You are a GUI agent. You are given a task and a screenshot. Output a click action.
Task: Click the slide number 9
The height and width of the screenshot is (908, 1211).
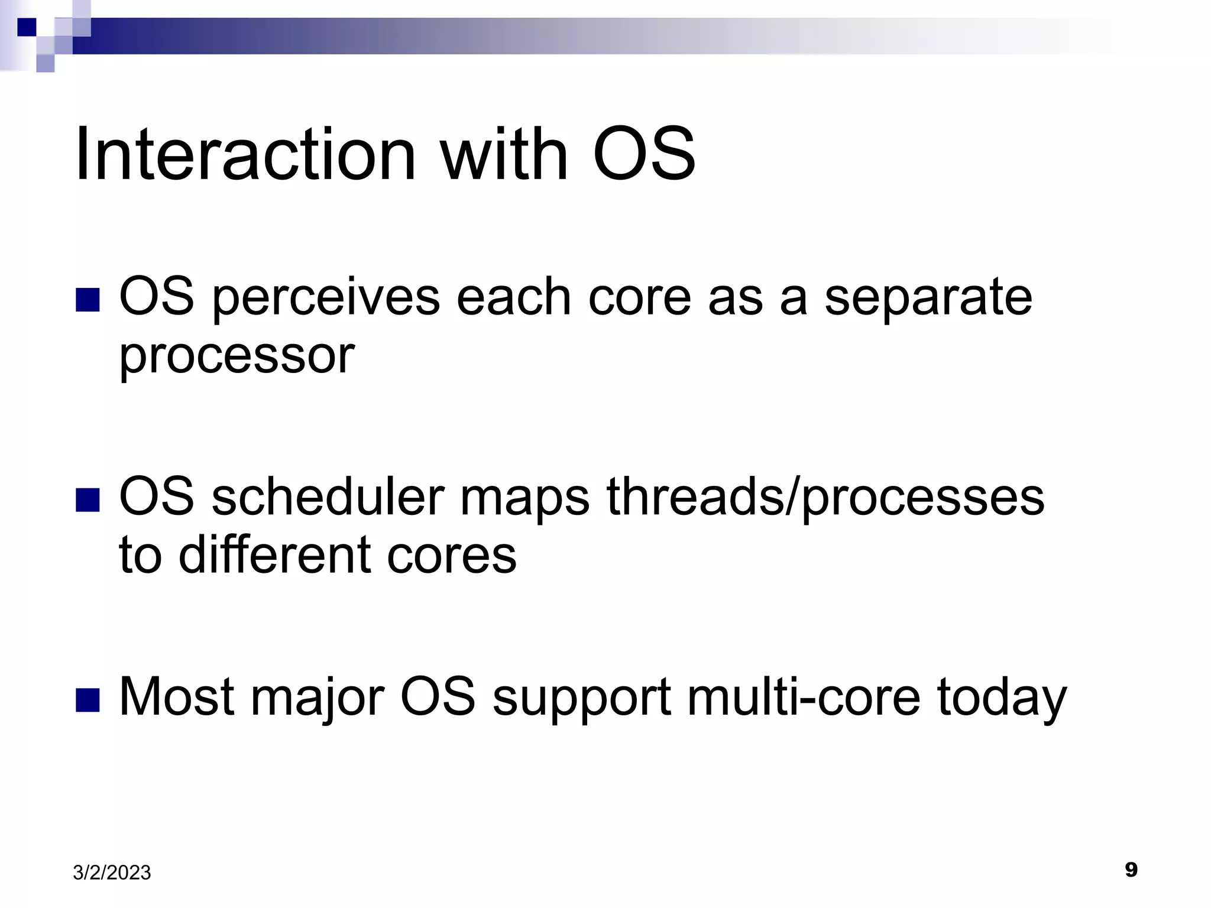[x=1131, y=870]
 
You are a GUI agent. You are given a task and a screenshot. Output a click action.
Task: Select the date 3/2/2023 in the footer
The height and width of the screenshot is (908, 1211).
[x=112, y=873]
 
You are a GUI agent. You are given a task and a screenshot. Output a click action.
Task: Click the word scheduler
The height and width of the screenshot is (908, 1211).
[x=328, y=497]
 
